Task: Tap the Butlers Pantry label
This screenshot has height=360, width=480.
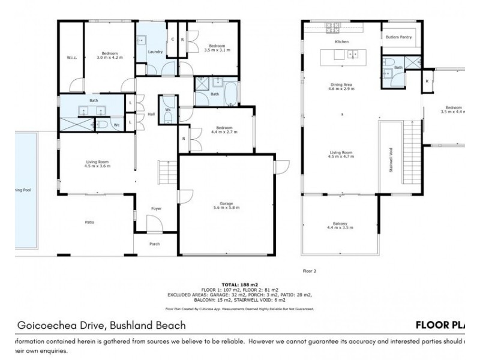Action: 398,37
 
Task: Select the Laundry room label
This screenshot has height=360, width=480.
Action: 155,52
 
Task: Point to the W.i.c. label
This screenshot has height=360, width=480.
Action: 70,58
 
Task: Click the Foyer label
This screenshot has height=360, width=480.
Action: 156,208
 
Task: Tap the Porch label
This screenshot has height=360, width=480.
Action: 155,244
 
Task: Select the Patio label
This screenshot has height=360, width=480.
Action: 89,222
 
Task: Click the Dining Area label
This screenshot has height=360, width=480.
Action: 341,86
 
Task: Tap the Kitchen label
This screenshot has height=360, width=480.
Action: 341,41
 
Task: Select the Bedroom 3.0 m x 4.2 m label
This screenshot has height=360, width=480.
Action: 109,55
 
